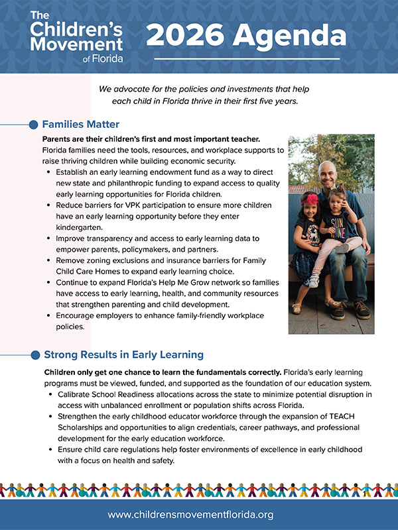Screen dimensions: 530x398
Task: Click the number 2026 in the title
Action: (185, 34)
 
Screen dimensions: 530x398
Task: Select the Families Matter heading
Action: (80, 124)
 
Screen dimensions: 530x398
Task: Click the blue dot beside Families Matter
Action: (34, 125)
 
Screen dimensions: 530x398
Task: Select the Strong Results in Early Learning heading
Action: (123, 354)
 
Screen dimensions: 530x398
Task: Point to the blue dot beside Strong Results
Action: (34, 355)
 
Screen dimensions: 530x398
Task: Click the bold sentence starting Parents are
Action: (151, 139)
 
